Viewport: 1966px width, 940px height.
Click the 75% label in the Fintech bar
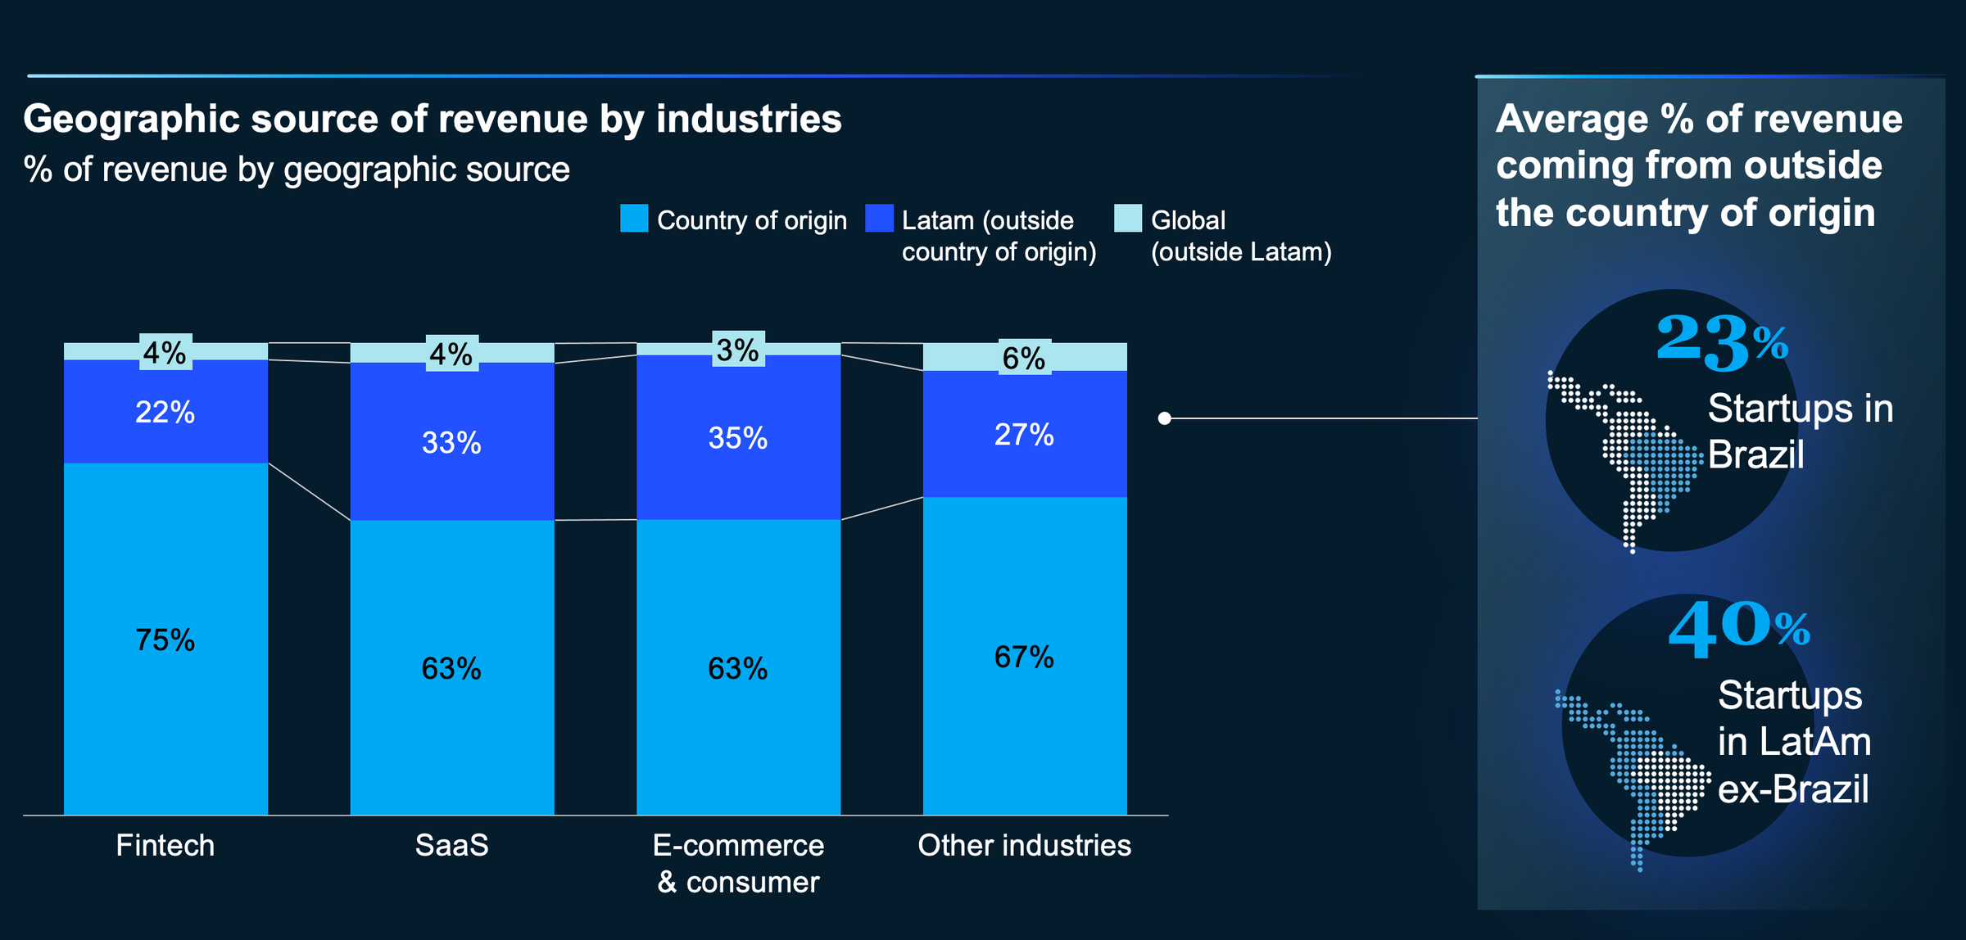click(165, 639)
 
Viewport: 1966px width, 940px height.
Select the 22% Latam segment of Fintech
click(165, 412)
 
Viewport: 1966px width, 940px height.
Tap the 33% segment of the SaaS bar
click(451, 442)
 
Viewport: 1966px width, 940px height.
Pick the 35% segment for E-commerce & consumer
click(738, 438)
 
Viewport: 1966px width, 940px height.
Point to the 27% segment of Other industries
click(1024, 434)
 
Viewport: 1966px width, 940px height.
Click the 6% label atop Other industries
click(1024, 358)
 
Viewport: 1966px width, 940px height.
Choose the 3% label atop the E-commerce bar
click(738, 350)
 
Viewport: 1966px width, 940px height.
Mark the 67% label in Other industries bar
click(1024, 657)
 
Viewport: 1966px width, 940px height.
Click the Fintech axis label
click(165, 845)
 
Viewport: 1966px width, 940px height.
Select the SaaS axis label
click(451, 845)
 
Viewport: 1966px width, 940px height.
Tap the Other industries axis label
click(1024, 845)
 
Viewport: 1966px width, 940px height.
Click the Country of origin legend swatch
click(634, 219)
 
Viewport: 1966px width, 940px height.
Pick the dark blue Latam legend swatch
click(879, 219)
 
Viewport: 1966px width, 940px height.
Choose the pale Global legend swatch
click(1128, 219)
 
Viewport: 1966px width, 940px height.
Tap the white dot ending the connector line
click(1165, 418)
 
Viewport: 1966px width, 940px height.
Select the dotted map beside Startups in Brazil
click(1626, 459)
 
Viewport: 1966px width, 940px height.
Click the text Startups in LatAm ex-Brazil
click(1794, 742)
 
